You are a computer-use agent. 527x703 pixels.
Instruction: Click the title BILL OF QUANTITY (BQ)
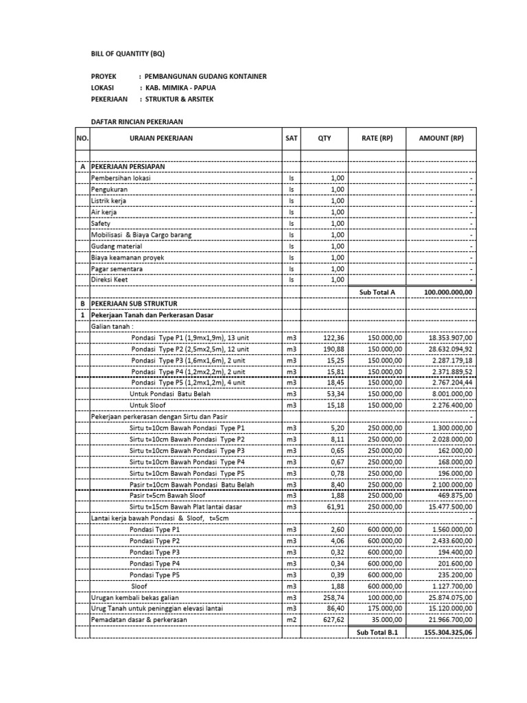pos(128,54)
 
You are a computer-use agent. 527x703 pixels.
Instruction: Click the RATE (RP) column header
pos(377,138)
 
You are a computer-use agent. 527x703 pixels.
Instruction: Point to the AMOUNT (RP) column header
pos(441,138)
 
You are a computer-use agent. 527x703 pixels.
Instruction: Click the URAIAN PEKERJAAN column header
pos(161,138)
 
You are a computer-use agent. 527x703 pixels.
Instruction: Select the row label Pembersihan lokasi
pos(121,178)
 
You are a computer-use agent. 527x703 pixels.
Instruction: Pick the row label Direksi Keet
pos(109,280)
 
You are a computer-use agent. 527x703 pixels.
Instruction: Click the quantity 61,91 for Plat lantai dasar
pos(329,507)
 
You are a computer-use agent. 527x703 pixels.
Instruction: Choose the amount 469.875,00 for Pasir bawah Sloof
pos(455,496)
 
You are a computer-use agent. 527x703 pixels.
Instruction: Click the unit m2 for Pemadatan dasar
pos(291,619)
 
